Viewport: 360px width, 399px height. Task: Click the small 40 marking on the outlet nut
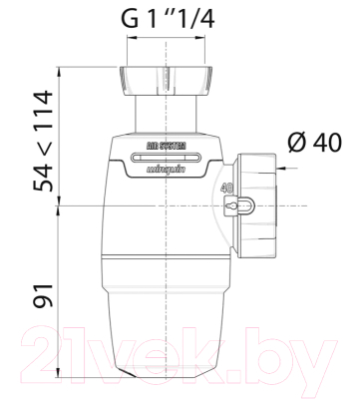coord(228,187)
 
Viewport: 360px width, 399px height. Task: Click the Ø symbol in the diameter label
coord(295,143)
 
